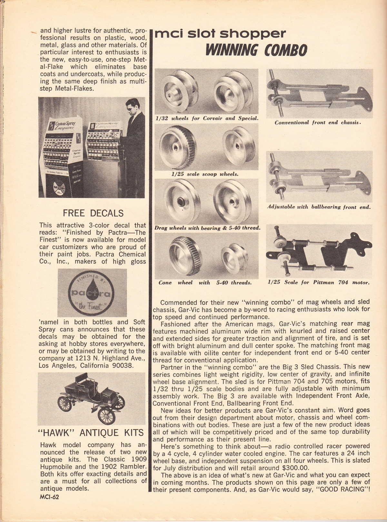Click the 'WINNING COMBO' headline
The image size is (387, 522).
[256, 50]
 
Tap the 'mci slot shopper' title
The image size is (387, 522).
[220, 34]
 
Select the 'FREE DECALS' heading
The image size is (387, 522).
[93, 213]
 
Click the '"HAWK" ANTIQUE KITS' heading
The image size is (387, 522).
[91, 433]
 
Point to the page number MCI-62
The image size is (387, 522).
[49, 497]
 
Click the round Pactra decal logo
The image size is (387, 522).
[91, 293]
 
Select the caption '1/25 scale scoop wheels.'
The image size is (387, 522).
[205, 174]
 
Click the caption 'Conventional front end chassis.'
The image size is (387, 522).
[318, 123]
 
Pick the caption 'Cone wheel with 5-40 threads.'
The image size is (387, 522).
[205, 283]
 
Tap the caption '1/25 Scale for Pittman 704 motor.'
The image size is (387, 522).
[318, 282]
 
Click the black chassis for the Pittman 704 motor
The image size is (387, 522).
[318, 252]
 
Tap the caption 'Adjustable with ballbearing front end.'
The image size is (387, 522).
[319, 207]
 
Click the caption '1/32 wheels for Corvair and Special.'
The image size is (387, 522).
[207, 118]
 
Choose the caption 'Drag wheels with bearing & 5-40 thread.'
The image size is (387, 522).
[207, 228]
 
